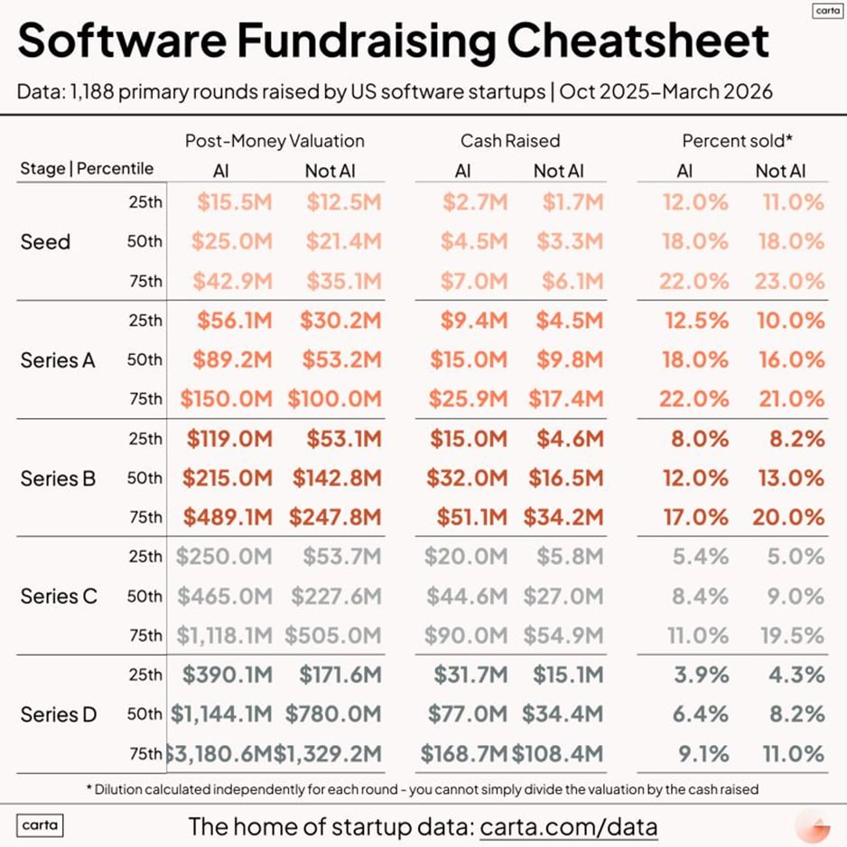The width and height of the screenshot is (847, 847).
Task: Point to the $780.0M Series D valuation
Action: [x=334, y=714]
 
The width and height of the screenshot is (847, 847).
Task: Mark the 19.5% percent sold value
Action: [x=790, y=636]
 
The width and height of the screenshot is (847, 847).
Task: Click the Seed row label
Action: [x=45, y=242]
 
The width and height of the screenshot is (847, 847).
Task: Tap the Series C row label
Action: [x=58, y=597]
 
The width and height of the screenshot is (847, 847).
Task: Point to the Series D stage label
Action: [x=58, y=714]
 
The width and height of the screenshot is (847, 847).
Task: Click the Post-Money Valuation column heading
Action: [x=275, y=141]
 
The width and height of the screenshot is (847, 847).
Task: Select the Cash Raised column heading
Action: [x=510, y=141]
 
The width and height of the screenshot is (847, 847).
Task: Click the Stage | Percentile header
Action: [x=87, y=169]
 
